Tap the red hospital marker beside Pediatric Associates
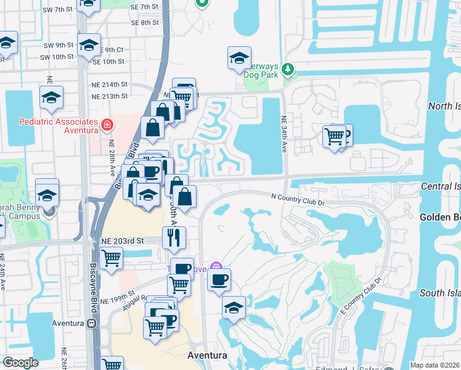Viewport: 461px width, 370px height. pos(107,125)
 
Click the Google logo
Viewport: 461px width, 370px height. pos(20,363)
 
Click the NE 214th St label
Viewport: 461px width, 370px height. pos(110,84)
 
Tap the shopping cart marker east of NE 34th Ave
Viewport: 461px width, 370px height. pos(334,136)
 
